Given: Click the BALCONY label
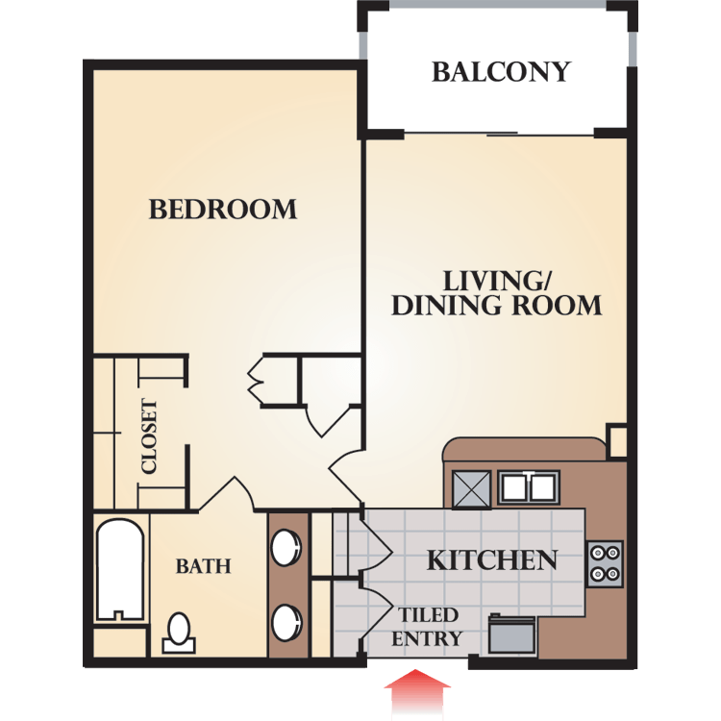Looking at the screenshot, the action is (x=501, y=72).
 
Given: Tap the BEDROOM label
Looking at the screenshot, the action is (x=223, y=210).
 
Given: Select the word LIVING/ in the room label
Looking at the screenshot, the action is (x=497, y=281).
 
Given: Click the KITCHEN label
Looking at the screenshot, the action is (x=492, y=560).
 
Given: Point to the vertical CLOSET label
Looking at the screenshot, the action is (x=149, y=435).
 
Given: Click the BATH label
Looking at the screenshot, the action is (x=203, y=566).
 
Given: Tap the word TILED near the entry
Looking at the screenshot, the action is (x=428, y=615).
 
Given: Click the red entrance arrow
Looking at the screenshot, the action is (x=417, y=694).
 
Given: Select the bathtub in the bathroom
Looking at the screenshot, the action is (x=119, y=569).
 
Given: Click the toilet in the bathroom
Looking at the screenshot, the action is (x=179, y=634).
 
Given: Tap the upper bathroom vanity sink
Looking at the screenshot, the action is (x=286, y=547).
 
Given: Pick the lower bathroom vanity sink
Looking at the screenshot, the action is (x=286, y=623).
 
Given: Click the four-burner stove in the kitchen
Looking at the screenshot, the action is (x=605, y=563).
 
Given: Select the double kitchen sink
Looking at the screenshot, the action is (x=529, y=487).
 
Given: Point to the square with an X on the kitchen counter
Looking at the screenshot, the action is (x=472, y=489).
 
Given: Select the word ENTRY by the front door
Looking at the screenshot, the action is (x=426, y=638).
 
